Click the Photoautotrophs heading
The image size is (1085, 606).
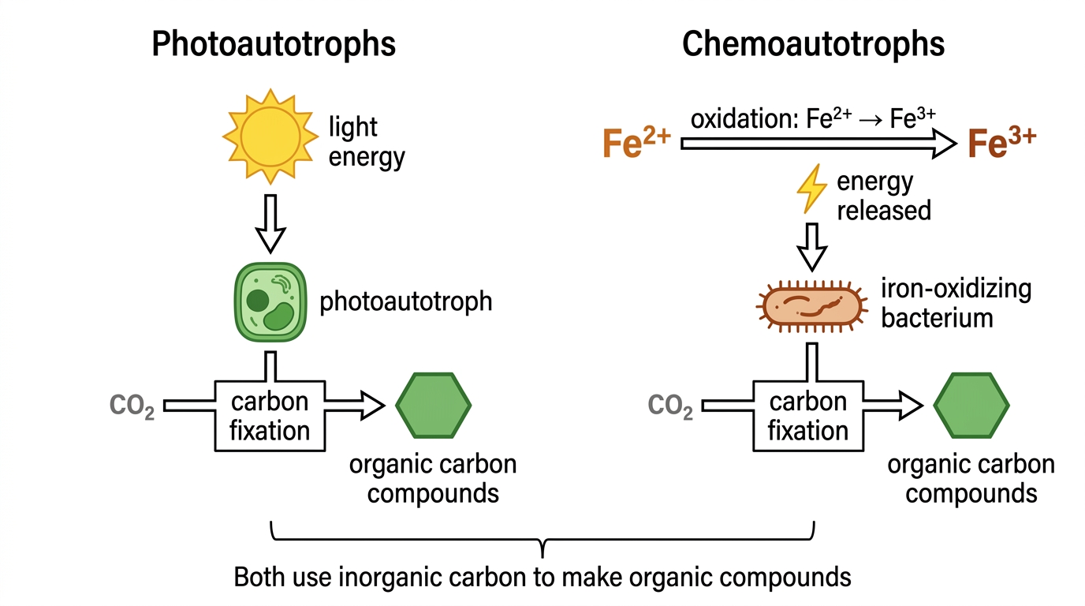click(x=274, y=44)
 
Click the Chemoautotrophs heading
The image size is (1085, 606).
click(x=813, y=44)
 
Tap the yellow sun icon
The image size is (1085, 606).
click(x=270, y=137)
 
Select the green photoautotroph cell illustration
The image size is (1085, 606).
click(x=270, y=302)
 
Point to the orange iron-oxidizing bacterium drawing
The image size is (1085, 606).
click(x=812, y=306)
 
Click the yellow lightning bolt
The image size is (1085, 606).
click(x=812, y=189)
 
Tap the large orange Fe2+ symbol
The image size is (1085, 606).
click(x=636, y=143)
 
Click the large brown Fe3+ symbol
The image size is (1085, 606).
click(x=1001, y=143)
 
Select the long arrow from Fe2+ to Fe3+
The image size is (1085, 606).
click(x=818, y=144)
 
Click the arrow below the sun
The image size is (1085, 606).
click(x=270, y=224)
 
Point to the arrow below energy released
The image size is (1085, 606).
click(x=812, y=247)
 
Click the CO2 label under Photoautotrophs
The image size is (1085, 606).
click(x=132, y=406)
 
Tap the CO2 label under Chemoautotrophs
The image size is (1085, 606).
click(x=670, y=406)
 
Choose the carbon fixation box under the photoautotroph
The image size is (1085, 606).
click(x=270, y=417)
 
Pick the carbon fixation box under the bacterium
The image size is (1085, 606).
click(x=808, y=417)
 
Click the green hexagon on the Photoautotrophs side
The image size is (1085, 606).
click(x=434, y=406)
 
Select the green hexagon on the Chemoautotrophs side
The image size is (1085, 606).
click(x=971, y=406)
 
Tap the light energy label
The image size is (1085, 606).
click(x=367, y=142)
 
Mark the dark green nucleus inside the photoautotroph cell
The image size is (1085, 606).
click(x=257, y=301)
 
